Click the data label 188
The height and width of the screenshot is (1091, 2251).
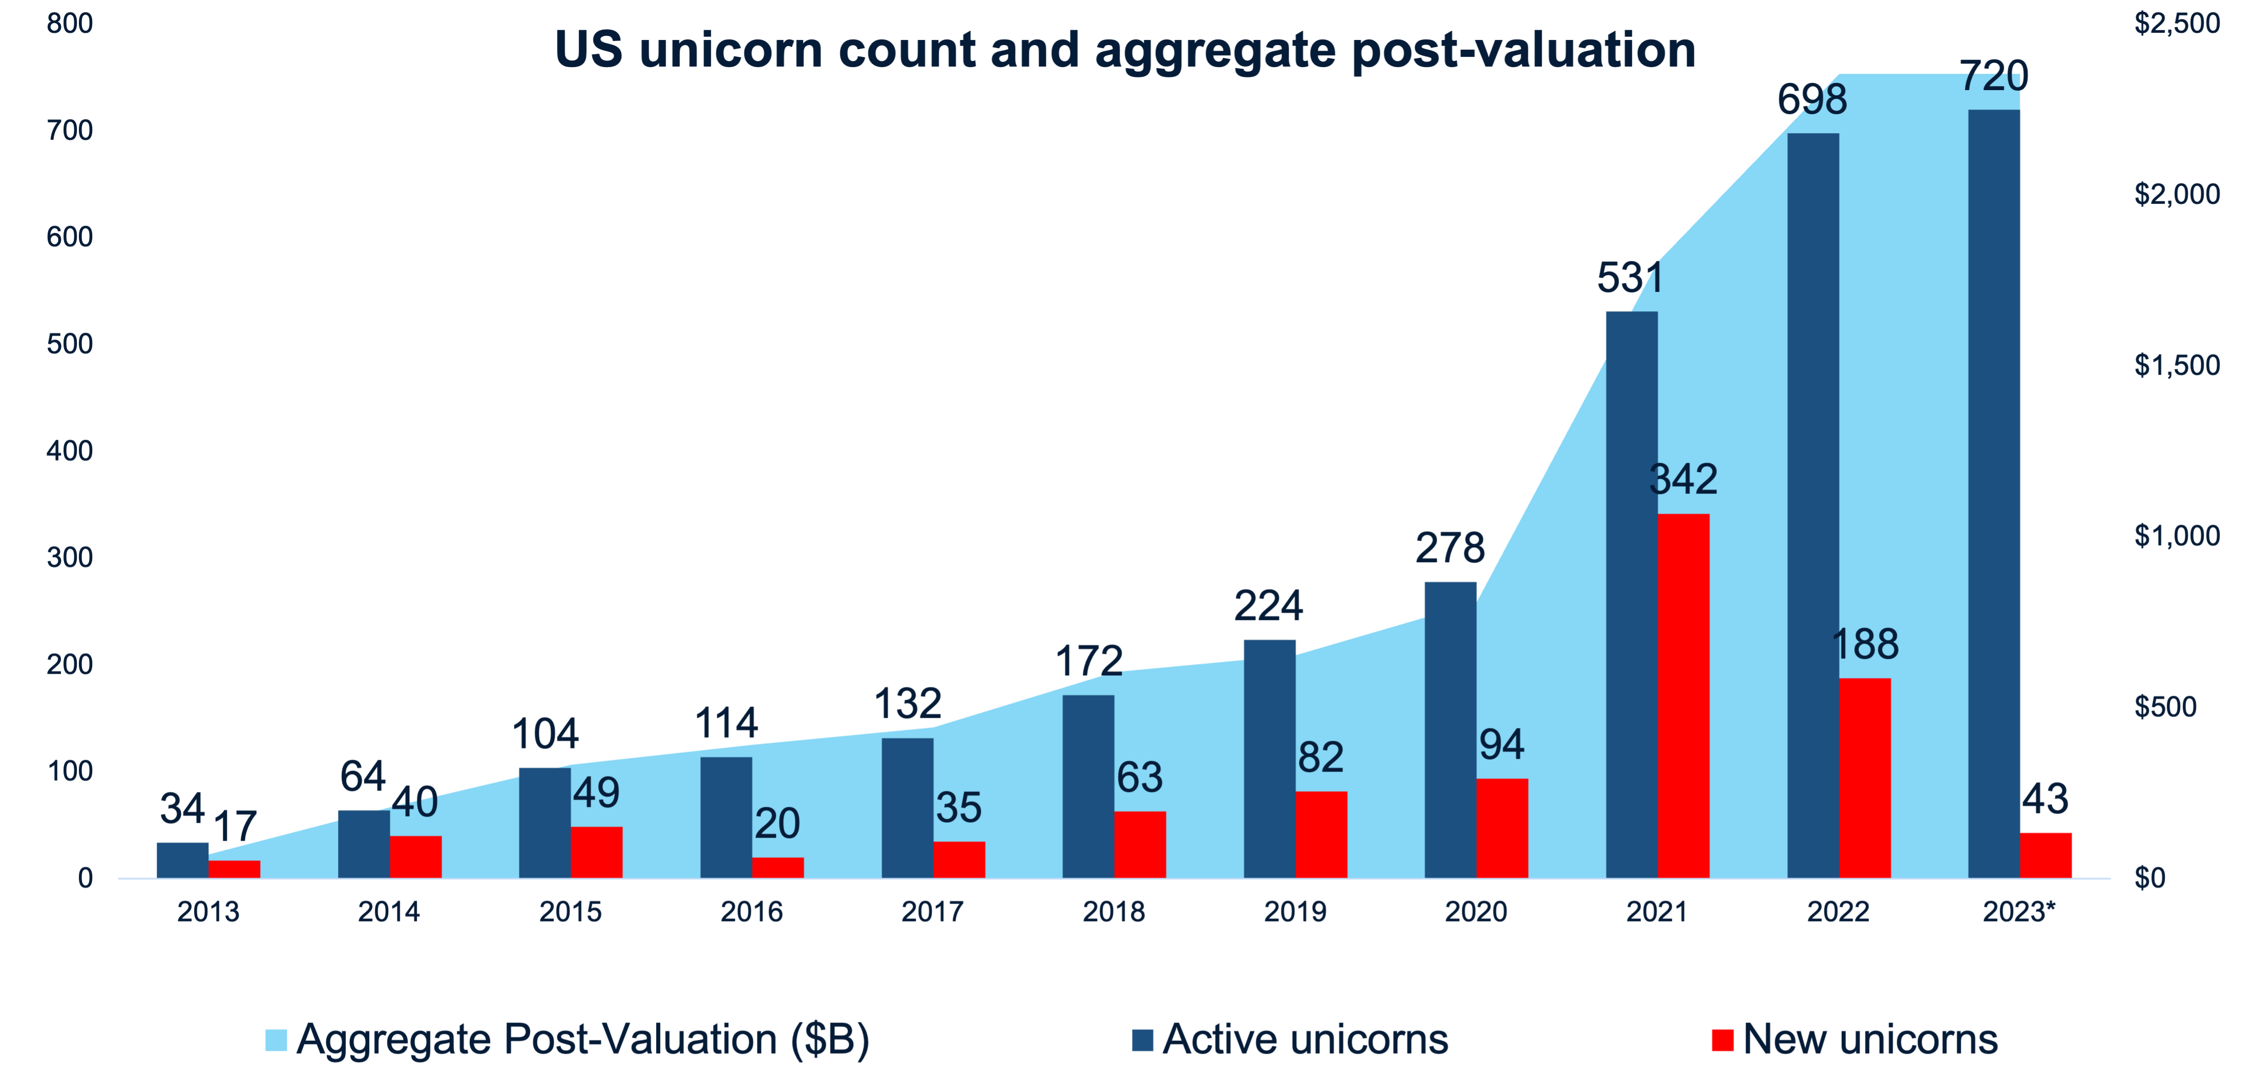1865,645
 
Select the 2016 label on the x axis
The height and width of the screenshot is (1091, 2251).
751,912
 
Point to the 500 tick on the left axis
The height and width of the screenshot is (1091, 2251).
70,344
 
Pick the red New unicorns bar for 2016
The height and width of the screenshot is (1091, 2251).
777,867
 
